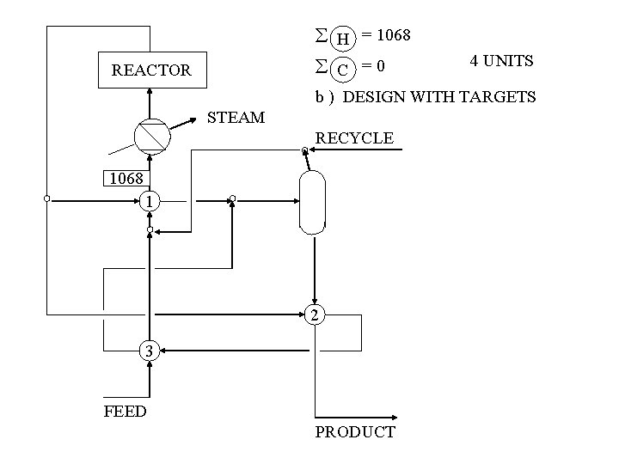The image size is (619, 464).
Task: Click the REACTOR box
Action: tap(151, 70)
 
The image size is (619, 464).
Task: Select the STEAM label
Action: tap(237, 117)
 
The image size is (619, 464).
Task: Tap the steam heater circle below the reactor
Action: tap(150, 136)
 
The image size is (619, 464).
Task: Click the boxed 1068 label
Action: tap(126, 180)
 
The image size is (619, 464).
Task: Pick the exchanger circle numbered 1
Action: tap(150, 201)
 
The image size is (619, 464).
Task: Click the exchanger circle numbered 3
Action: tap(150, 351)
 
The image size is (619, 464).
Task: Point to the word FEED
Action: tap(126, 411)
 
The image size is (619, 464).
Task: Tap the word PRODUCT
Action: tap(355, 431)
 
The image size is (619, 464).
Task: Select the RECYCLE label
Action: tap(355, 137)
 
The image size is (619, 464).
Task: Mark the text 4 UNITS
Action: tap(501, 61)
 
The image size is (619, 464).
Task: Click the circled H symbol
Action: tap(343, 39)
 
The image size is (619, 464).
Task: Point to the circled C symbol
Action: tap(343, 68)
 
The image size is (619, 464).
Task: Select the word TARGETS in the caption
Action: tap(489, 96)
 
